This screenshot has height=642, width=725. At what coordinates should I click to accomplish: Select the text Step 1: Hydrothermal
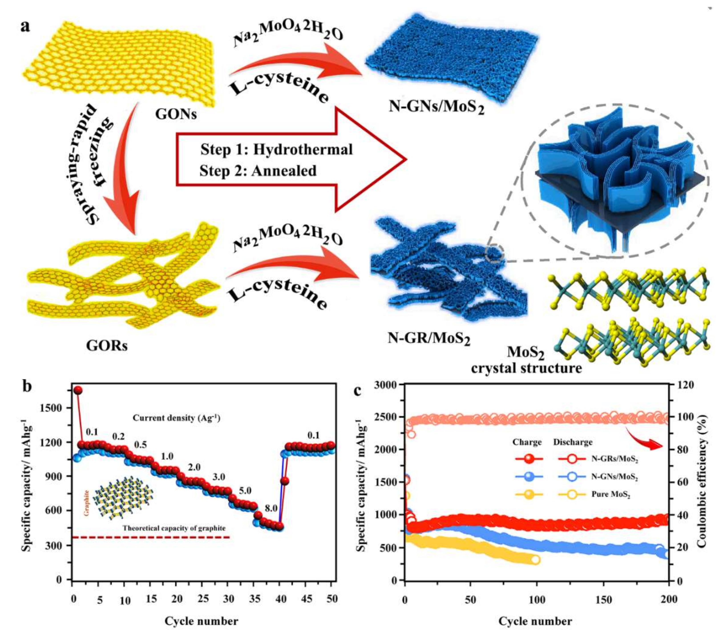pos(277,149)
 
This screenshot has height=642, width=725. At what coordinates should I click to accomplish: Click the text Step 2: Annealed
pos(258,171)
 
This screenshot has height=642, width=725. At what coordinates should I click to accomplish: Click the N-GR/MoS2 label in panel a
pos(429,339)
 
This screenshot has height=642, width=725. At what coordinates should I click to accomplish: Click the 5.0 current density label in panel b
pos(245,491)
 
